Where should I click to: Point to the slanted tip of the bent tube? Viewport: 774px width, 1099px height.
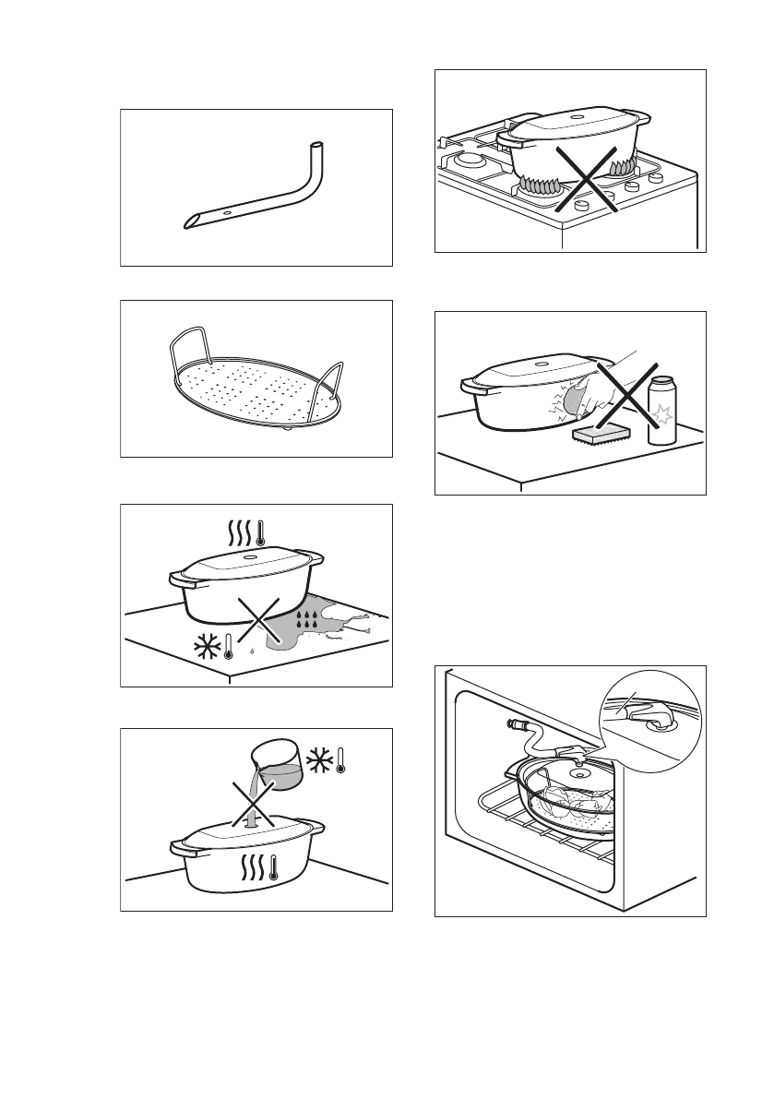[190, 222]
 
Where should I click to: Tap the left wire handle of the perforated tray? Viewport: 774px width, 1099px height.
[184, 354]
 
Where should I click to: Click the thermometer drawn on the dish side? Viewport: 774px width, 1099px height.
[275, 868]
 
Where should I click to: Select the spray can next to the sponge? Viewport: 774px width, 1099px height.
[662, 412]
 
